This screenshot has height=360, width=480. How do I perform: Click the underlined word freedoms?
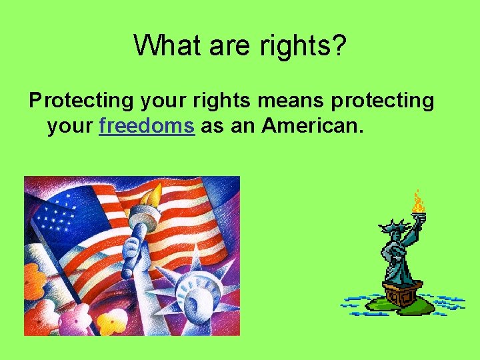pos(147,125)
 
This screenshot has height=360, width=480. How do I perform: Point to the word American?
pos(313,125)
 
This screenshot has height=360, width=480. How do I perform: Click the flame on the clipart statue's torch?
pos(418,201)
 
